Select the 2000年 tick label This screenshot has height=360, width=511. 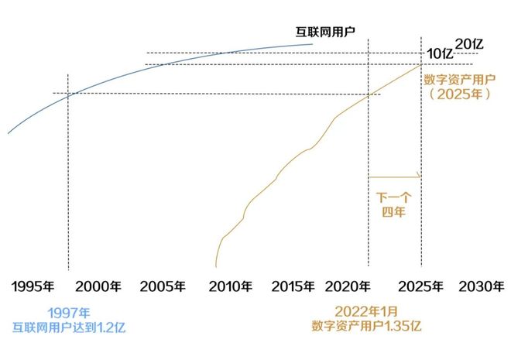tap(99, 286)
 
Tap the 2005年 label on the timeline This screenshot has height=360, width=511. tap(163, 286)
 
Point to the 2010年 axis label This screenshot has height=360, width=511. tap(230, 286)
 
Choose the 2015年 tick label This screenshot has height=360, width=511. tap(294, 286)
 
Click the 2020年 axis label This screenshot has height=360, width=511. tap(358, 286)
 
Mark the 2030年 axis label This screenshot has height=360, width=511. tap(481, 286)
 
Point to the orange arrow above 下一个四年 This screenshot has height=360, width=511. tap(394, 177)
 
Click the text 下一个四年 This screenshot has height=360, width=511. tap(395, 201)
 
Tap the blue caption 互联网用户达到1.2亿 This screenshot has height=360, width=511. tap(68, 327)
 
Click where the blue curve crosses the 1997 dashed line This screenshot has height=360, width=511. tap(68, 94)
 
